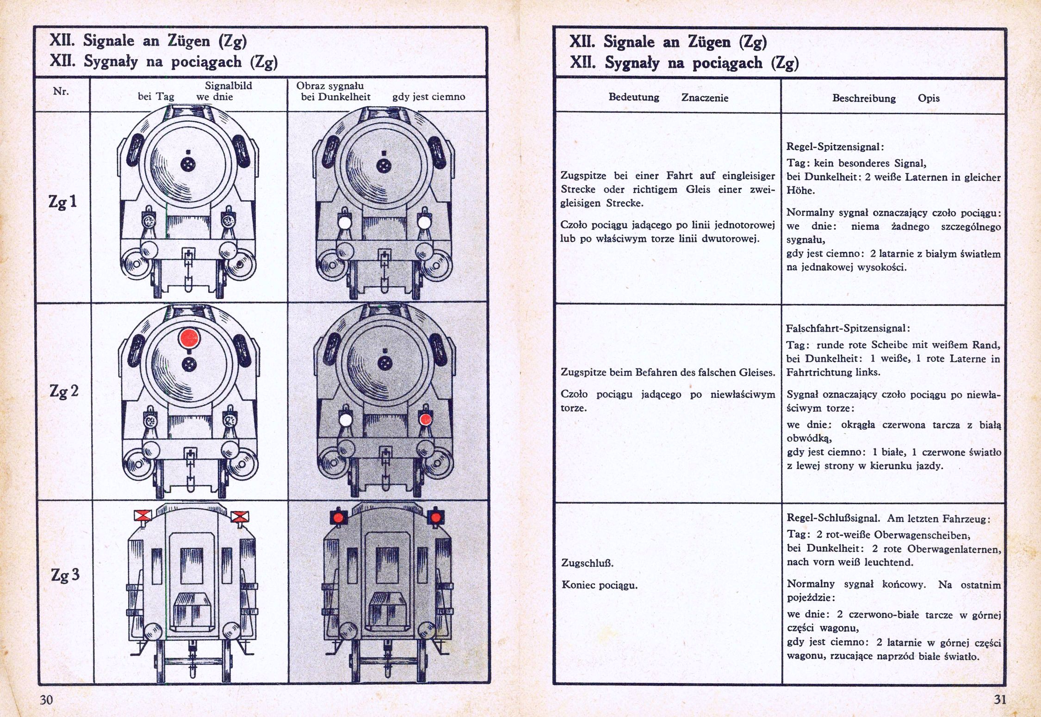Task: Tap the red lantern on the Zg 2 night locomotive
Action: click(425, 419)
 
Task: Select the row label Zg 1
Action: click(62, 202)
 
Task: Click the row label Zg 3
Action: click(65, 575)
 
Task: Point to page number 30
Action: click(46, 699)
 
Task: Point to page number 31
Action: click(1000, 699)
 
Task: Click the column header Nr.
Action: click(61, 91)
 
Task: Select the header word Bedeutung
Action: click(633, 97)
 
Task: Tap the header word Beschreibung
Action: click(864, 98)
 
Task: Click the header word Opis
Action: click(929, 98)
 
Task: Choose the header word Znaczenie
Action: click(705, 98)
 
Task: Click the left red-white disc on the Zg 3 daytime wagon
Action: click(143, 515)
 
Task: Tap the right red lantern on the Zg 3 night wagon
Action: click(436, 517)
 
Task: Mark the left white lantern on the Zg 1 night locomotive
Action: click(345, 223)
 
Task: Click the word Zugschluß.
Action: click(581, 563)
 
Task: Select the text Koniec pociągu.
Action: click(600, 585)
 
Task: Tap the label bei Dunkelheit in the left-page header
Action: click(335, 97)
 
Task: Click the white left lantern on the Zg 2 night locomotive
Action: click(345, 420)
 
